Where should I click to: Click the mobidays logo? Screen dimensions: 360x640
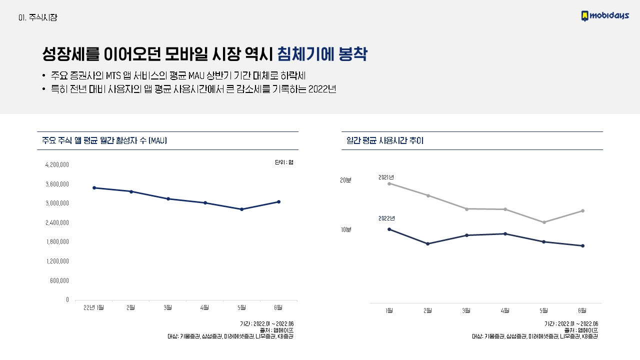[604, 16]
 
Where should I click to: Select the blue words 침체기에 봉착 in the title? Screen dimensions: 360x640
[322, 54]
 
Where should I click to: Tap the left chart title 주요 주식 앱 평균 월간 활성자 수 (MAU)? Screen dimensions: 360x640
[104, 141]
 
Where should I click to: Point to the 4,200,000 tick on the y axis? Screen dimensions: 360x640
[57, 164]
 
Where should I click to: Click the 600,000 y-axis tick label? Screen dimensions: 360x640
[59, 280]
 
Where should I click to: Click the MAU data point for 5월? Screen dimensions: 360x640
[241, 209]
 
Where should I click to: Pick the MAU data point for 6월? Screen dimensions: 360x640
[278, 202]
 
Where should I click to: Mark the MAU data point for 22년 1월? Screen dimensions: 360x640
[94, 188]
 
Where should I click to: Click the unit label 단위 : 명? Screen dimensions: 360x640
[283, 162]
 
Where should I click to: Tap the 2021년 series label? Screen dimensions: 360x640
[386, 177]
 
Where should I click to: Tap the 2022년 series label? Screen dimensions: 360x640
[386, 218]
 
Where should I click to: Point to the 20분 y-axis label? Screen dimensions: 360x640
[345, 180]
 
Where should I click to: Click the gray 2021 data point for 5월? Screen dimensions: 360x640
[544, 222]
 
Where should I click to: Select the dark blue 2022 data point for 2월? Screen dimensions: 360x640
[427, 244]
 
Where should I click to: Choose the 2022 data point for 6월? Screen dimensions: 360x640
[583, 246]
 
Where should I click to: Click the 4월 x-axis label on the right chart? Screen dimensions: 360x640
[505, 310]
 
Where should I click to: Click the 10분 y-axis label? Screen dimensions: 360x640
[346, 229]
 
